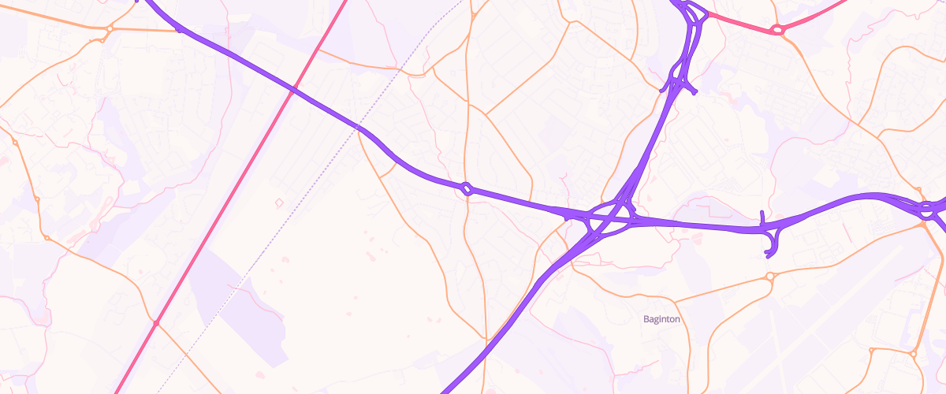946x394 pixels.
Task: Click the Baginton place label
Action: (x=661, y=319)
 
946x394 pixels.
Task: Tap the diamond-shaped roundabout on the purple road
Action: (x=467, y=189)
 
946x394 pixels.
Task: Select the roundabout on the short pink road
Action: (x=778, y=30)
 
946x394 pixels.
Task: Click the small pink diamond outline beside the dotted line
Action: (x=278, y=203)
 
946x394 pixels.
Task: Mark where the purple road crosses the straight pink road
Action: (x=293, y=90)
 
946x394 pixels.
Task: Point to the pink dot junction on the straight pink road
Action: (x=157, y=323)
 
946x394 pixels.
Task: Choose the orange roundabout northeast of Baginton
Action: (x=770, y=277)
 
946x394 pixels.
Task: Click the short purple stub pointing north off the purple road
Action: (x=762, y=218)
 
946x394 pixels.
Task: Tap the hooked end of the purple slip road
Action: (x=769, y=255)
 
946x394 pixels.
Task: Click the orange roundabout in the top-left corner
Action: (x=110, y=28)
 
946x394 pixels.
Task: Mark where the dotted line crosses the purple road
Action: (x=358, y=127)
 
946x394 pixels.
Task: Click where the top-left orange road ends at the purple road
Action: (x=181, y=30)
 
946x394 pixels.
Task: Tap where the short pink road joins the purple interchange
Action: (x=708, y=13)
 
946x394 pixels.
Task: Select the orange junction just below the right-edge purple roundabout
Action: (x=923, y=225)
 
